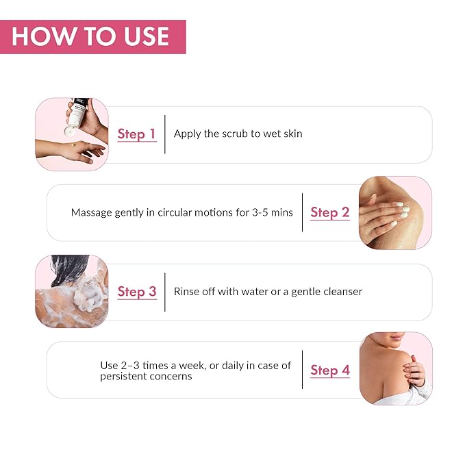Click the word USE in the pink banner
point(147,36)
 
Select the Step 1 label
point(137,134)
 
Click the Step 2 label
point(330,212)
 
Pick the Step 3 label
point(137,292)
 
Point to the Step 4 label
point(330,370)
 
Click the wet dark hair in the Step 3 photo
point(68,269)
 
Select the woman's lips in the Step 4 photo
point(397,337)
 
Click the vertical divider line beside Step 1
point(165,134)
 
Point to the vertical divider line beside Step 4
point(302,370)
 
